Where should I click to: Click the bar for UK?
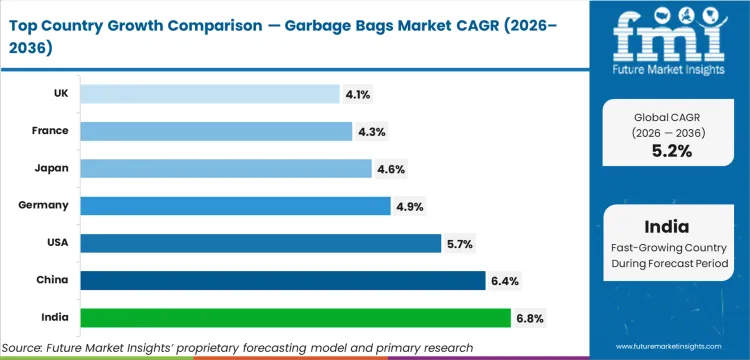[x=210, y=94]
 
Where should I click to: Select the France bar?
[x=216, y=131]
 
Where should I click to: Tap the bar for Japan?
[x=226, y=168]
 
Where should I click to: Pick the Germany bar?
[x=235, y=205]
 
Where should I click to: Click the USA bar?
[x=260, y=243]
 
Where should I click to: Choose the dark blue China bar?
[x=282, y=280]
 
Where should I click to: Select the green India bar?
[x=295, y=317]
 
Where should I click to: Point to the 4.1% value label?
[x=359, y=94]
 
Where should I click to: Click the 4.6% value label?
[x=390, y=169]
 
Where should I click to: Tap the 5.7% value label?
[x=460, y=243]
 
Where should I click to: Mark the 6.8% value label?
[x=529, y=318]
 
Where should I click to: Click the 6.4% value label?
[x=504, y=281]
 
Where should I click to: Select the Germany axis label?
[x=43, y=205]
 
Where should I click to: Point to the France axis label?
[x=49, y=131]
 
